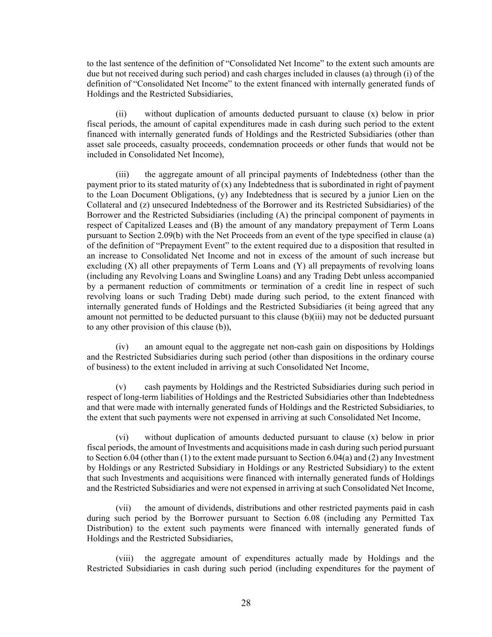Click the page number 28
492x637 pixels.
(246, 603)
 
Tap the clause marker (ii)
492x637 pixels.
(122, 114)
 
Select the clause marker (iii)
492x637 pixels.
(123, 175)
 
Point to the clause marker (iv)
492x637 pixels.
(122, 347)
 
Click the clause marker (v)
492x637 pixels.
(121, 387)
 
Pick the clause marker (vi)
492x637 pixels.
(122, 437)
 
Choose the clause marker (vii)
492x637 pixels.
(123, 508)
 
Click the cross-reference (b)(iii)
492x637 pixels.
(315, 317)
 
